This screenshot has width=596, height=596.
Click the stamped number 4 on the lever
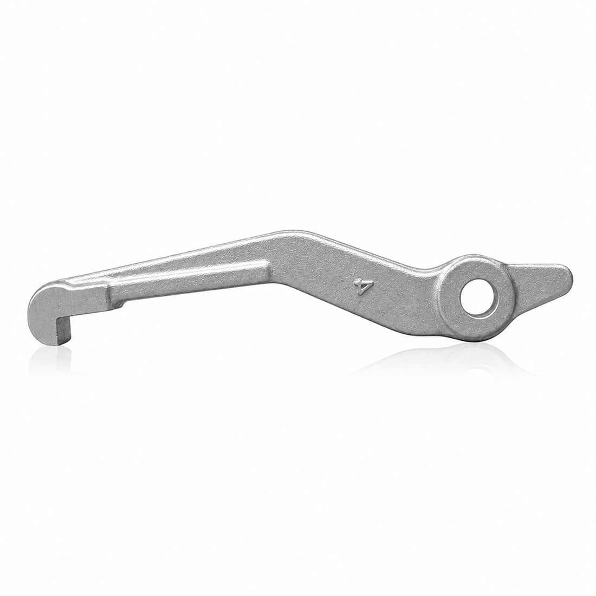pos(359,287)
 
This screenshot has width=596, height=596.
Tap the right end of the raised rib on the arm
pos(267,266)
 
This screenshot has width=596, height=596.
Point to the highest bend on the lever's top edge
pos(296,231)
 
